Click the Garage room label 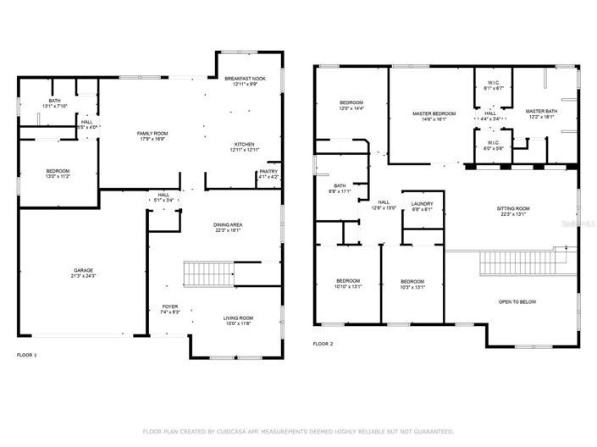pos(85,271)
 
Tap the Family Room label pos(153,134)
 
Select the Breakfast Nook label pos(245,79)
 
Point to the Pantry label pos(268,172)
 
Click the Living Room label pos(238,317)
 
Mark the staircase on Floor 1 pos(202,275)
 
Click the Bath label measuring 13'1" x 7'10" pos(54,101)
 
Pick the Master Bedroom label pos(434,113)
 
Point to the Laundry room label pos(422,204)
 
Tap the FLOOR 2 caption pos(323,344)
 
